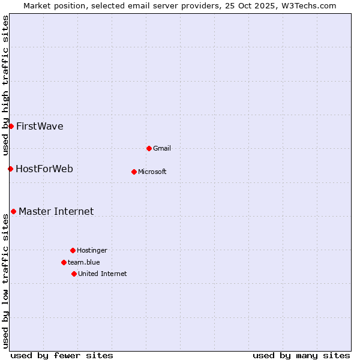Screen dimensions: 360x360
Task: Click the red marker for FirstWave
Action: point(11,126)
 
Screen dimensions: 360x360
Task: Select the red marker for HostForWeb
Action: point(10,169)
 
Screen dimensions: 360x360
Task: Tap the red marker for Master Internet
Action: point(13,211)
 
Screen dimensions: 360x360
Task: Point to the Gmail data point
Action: point(149,148)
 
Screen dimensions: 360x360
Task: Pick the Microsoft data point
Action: point(134,172)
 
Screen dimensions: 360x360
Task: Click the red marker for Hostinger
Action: point(73,250)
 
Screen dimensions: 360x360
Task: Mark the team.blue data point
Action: point(64,262)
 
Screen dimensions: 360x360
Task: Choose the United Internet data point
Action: point(74,274)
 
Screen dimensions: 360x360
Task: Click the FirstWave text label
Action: point(40,126)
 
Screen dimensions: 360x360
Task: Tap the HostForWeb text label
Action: point(44,169)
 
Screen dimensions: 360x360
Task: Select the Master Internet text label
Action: point(56,211)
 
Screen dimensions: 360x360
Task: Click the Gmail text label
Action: point(162,148)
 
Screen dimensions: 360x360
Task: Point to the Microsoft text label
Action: point(152,172)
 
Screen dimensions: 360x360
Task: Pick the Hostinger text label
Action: point(92,250)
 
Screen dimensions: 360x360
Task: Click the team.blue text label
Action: point(84,262)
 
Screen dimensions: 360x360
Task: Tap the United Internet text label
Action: point(103,274)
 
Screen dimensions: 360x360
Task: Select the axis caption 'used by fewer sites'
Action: point(62,355)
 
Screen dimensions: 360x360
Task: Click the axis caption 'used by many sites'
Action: point(301,355)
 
